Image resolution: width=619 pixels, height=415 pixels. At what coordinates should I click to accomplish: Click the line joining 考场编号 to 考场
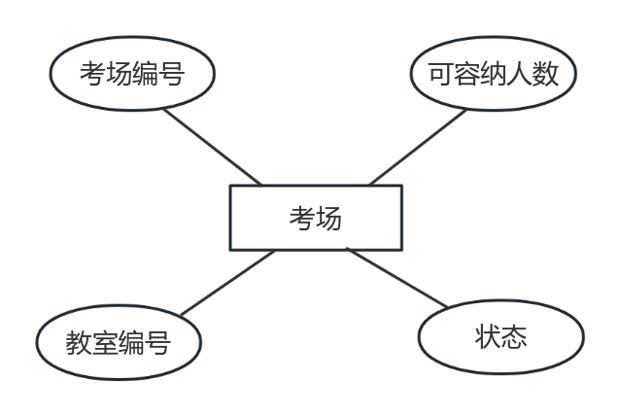[213, 147]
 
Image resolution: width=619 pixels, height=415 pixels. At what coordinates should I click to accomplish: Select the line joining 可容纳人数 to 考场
[418, 148]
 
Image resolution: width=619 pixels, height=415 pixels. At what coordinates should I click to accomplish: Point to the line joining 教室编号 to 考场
[227, 283]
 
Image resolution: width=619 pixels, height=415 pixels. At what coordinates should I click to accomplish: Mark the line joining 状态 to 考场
[397, 278]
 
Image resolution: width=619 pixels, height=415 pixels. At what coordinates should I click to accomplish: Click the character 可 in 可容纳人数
[441, 74]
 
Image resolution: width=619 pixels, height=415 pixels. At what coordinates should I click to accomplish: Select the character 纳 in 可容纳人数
[493, 74]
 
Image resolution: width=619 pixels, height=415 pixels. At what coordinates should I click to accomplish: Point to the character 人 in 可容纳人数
[519, 74]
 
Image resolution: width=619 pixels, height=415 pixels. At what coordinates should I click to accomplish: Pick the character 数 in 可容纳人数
[545, 74]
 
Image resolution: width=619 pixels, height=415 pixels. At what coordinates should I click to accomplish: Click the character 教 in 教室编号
[79, 343]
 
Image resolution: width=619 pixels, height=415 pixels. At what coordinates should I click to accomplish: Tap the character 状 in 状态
[488, 337]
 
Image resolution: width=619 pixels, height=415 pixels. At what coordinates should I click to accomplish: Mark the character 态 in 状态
[514, 337]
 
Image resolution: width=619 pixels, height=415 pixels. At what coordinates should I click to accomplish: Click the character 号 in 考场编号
[171, 74]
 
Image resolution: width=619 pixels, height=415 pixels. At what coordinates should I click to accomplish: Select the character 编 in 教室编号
[131, 343]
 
